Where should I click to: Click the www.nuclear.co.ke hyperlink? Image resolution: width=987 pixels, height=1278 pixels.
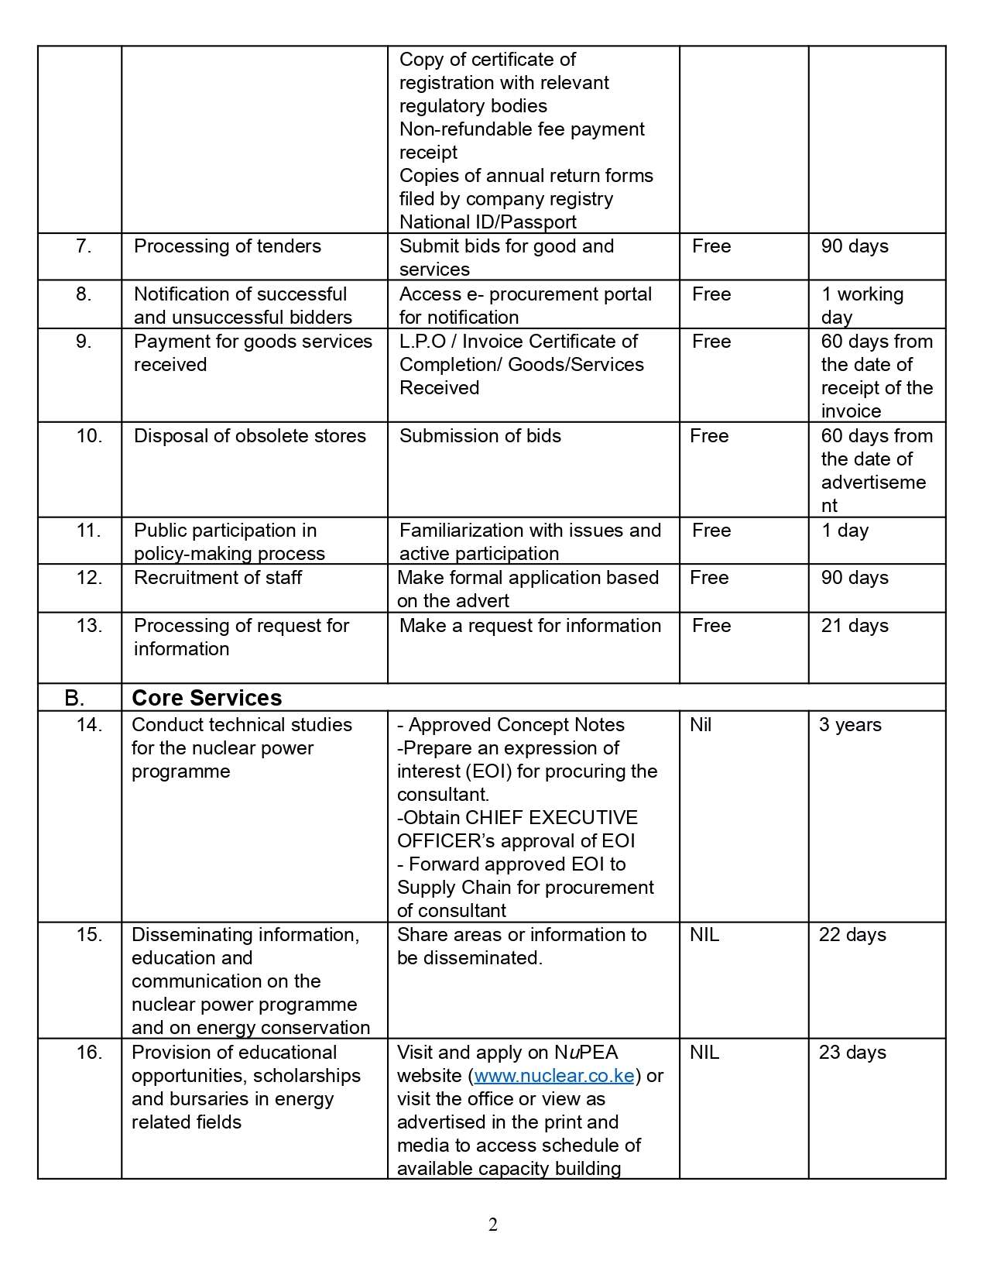pos(554,1076)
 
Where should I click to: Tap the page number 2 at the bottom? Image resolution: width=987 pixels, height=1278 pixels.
pos(493,1225)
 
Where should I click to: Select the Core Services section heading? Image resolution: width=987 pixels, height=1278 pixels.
pos(207,698)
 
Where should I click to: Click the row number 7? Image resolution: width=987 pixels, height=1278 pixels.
pos(84,246)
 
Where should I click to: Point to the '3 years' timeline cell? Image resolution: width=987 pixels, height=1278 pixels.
pos(850,725)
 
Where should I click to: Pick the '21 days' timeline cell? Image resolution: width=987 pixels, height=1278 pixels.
pos(855,626)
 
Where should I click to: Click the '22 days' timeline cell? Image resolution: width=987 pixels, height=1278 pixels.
pos(852,935)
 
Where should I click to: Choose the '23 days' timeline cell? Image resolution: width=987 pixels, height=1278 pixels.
pos(852,1053)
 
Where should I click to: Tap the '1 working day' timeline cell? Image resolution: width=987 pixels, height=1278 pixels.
pos(862,305)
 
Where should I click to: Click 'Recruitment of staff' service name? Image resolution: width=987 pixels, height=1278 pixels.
pos(218,578)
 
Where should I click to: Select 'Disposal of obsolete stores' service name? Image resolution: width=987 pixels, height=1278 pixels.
pos(249,436)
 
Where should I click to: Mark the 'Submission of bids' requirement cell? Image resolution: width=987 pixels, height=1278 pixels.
pos(480,436)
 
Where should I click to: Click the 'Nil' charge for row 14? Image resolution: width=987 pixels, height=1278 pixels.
pos(701,725)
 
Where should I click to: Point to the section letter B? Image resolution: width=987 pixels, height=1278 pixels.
pos(74,698)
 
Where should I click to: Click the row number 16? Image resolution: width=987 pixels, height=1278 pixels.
pos(89,1053)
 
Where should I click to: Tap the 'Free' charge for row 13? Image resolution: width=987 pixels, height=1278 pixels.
pos(711,626)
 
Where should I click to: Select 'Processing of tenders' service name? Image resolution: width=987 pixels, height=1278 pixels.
pos(227,246)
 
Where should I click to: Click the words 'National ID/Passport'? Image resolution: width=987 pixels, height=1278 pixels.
pos(488,222)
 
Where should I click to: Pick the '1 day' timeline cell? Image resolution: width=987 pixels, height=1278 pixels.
pos(845,531)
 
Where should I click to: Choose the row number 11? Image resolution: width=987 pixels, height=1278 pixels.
pos(89,531)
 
